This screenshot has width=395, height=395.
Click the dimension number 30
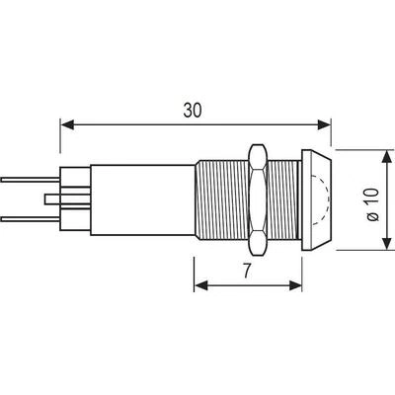193,111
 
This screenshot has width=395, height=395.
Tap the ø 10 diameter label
373,204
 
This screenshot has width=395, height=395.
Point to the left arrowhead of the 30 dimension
67,124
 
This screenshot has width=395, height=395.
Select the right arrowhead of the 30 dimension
324,124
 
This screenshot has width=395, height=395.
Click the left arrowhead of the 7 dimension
201,285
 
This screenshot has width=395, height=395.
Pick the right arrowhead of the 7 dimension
295,285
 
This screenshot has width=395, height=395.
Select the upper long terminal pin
31,180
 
